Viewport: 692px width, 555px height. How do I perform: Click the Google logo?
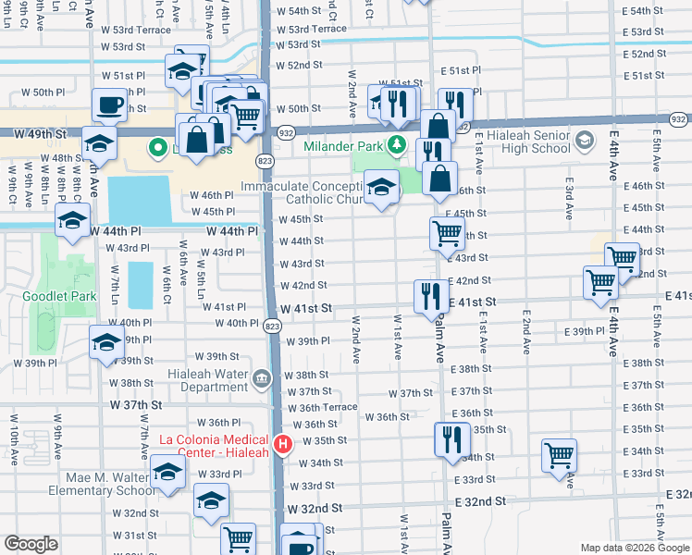31,544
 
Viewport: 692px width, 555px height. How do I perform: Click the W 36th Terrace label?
322,407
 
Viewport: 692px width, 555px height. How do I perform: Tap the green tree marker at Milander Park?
397,144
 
